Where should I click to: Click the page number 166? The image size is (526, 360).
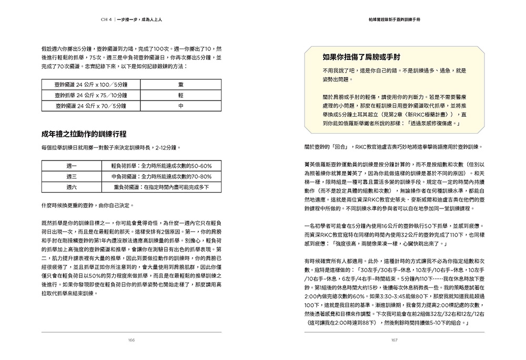[x=131, y=340]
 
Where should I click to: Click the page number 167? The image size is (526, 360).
[x=394, y=340]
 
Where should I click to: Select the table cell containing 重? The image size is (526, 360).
[x=180, y=84]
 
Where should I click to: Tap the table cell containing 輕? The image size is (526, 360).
[x=180, y=95]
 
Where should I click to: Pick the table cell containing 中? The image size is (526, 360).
[x=180, y=106]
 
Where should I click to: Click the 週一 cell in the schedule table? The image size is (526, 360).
[x=72, y=166]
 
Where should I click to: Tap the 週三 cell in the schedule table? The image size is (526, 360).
[x=72, y=176]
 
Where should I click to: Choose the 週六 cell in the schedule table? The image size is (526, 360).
[x=72, y=187]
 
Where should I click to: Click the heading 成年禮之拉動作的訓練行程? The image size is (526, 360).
[x=84, y=134]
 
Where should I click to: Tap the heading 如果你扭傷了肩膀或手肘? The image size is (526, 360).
[x=362, y=57]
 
